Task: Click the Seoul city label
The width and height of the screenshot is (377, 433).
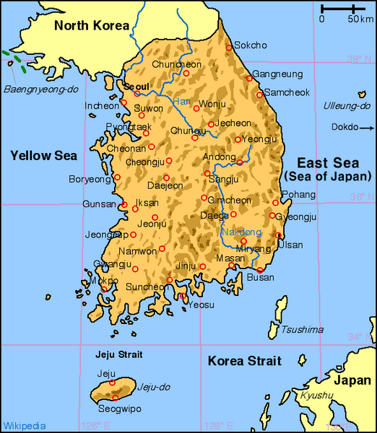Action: coord(136,87)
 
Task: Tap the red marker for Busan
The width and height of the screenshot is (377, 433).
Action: coord(261,270)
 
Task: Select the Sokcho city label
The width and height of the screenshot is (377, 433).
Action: coord(251,45)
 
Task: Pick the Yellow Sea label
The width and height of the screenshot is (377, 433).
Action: coord(41,155)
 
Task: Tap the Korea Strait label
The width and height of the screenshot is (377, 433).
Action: coord(245,361)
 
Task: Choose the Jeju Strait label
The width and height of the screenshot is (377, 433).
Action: coord(119,354)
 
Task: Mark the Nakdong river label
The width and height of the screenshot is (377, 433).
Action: coord(240,232)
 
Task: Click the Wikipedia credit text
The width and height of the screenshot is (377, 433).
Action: coord(25,426)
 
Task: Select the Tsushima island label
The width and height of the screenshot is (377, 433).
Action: coord(302,330)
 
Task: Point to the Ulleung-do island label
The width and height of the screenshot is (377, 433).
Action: coord(347,106)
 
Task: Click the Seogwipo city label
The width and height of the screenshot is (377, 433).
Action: coord(116,408)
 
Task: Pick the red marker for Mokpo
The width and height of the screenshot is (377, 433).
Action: coord(103,289)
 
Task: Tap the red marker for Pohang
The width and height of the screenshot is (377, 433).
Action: coord(275,203)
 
